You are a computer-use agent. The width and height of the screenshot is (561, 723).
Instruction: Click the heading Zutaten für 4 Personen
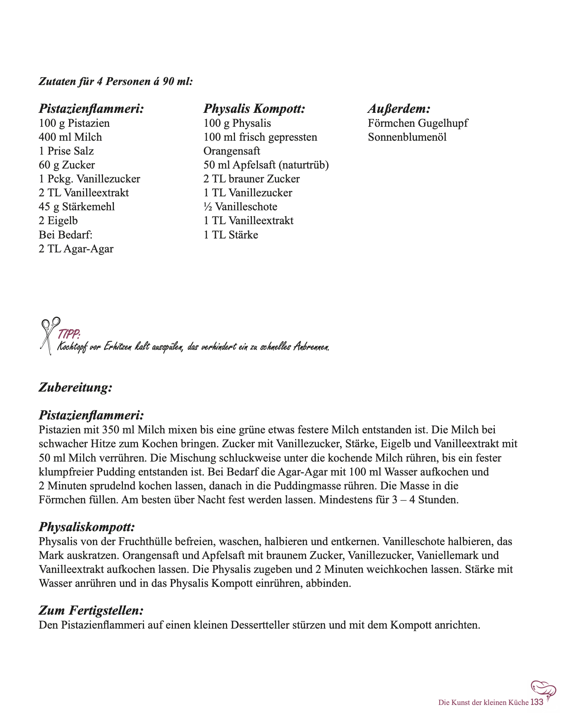tap(115, 81)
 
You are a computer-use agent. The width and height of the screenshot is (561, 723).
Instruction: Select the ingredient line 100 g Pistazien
tap(74, 123)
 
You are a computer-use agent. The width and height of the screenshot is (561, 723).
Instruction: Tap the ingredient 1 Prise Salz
tap(66, 151)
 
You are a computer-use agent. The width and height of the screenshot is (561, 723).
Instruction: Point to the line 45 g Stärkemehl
tap(77, 207)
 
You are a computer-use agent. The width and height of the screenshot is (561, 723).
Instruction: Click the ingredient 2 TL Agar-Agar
tap(76, 249)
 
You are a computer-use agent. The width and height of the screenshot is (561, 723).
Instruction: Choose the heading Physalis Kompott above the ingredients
tap(254, 109)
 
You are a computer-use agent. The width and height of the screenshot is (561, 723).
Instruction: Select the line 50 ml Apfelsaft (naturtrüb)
tap(266, 165)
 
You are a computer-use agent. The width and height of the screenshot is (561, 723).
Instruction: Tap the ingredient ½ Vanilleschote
tap(240, 207)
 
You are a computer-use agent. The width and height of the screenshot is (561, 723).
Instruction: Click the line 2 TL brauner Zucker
tap(252, 179)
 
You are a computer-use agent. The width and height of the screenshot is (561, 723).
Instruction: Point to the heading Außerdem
tap(399, 109)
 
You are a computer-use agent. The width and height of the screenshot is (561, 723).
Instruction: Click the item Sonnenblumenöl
tap(407, 137)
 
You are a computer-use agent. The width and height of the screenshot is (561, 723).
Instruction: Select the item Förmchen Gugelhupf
tap(418, 123)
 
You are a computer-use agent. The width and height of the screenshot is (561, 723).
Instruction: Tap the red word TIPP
tap(68, 334)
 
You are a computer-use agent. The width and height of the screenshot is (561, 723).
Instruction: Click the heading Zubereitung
tap(75, 387)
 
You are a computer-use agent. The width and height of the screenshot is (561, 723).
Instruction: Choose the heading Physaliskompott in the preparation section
tap(86, 527)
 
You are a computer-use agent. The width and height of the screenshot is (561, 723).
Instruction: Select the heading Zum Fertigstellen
tap(91, 610)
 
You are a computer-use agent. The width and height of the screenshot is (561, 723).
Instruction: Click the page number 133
tap(537, 702)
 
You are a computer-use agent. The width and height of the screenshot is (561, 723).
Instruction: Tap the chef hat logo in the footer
tap(543, 689)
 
